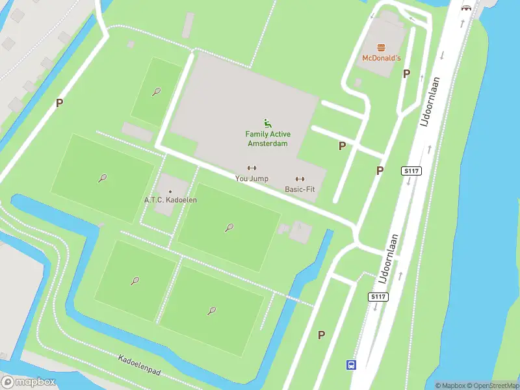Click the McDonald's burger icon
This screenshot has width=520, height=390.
pos(382,47)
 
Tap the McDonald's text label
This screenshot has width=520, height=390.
pos(382,58)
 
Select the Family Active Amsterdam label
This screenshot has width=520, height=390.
pos(266,138)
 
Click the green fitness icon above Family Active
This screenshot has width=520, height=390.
pos(266,123)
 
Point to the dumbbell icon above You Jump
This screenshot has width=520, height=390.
pos(252,168)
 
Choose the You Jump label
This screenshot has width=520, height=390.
pos(252,178)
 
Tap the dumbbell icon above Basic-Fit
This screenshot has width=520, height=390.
pos(300,179)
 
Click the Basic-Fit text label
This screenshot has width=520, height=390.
pos(300,189)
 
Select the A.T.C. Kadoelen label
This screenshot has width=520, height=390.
pos(170,200)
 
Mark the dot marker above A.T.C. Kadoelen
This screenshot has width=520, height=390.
pos(170,191)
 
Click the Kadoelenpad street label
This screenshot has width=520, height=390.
pos(139,367)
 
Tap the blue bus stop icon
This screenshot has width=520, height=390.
pos(351,365)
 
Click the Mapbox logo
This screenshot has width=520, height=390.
pos(29,382)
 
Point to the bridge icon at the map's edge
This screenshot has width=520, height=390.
pos(466,8)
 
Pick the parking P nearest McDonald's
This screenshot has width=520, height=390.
pos(406,74)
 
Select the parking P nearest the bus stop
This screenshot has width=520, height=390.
pos(320,335)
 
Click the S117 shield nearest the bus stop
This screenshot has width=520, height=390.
pos(378,297)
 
